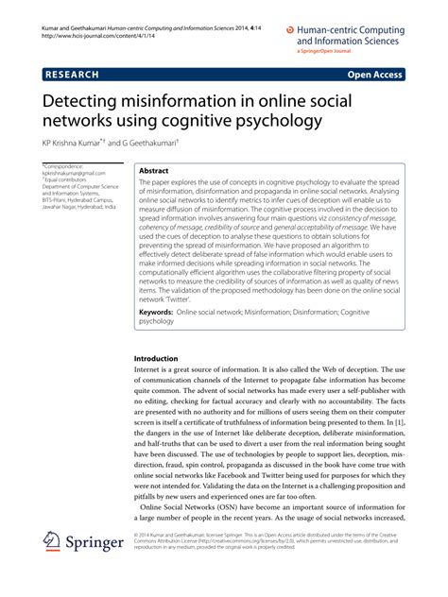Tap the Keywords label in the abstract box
tap(162, 311)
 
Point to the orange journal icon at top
tap(290, 29)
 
